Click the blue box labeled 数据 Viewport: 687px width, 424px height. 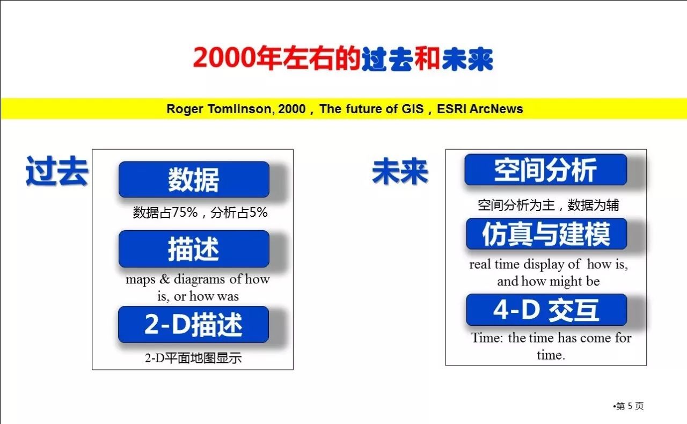tap(194, 179)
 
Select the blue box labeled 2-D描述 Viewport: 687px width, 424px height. tap(194, 324)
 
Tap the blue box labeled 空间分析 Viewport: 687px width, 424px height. tap(546, 170)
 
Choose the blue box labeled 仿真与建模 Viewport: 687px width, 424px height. tap(546, 234)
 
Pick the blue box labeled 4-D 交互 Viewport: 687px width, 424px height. tap(546, 310)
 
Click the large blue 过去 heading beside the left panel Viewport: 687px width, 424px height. tap(57, 171)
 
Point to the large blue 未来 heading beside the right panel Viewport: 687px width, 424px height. tap(400, 171)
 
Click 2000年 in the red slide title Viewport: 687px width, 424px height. tap(237, 57)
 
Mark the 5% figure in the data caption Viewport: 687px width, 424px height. tap(258, 213)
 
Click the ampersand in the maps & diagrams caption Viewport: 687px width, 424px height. tap(165, 279)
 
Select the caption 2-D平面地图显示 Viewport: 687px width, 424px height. tap(193, 358)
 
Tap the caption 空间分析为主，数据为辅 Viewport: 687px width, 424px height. tap(549, 205)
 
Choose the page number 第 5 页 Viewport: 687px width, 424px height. tap(630, 406)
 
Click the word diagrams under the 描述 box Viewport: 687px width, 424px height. tap(199, 280)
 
